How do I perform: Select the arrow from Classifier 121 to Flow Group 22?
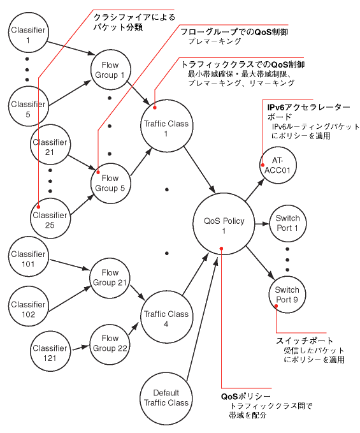[x=80, y=346]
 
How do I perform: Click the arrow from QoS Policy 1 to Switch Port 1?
[x=262, y=224]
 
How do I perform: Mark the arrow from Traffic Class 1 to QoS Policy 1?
[x=199, y=170]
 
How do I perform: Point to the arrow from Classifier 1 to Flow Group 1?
[x=71, y=48]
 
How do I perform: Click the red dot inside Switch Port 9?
[x=276, y=305]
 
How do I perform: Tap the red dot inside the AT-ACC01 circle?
[x=263, y=165]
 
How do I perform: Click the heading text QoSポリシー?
[x=246, y=397]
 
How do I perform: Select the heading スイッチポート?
[x=305, y=341]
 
